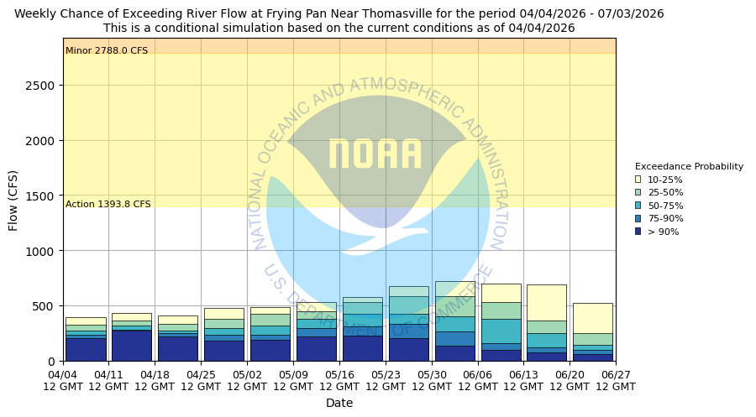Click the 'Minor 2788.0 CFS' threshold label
pyautogui.click(x=107, y=51)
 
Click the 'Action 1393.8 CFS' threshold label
pyautogui.click(x=108, y=205)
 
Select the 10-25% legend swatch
pyautogui.click(x=638, y=180)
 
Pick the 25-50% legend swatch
pyautogui.click(x=638, y=193)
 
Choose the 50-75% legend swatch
pyautogui.click(x=638, y=206)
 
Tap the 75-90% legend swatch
pyautogui.click(x=638, y=219)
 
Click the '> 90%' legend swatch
pyautogui.click(x=638, y=232)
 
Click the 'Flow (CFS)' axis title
pyautogui.click(x=13, y=200)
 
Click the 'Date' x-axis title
pyautogui.click(x=339, y=404)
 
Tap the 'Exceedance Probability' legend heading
pyautogui.click(x=689, y=166)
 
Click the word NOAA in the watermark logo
pyautogui.click(x=375, y=154)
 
